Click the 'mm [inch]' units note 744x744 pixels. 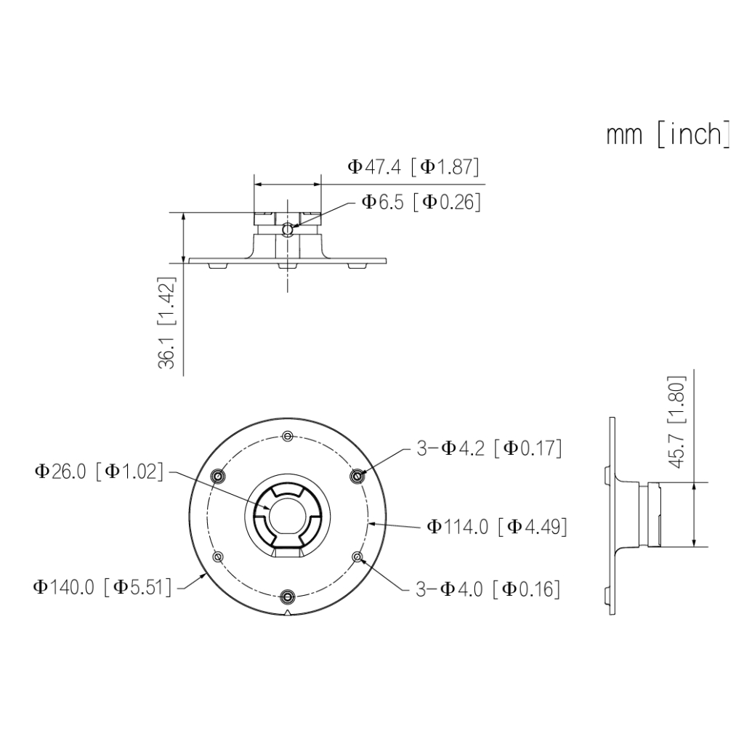(668, 135)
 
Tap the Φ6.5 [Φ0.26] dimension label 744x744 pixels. (421, 202)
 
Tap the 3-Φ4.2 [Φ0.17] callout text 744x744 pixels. (489, 448)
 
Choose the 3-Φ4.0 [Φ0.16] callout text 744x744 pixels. (488, 589)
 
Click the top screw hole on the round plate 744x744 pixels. (288, 436)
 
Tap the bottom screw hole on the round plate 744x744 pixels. (288, 597)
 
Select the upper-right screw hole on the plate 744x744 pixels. (357, 475)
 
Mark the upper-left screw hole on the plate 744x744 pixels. (218, 475)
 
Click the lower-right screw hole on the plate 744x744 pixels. (357, 557)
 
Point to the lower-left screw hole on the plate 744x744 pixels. (218, 557)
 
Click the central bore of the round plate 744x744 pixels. (288, 516)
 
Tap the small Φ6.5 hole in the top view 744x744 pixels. (287, 230)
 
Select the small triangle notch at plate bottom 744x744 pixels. (288, 612)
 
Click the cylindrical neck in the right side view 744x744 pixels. (665, 514)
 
